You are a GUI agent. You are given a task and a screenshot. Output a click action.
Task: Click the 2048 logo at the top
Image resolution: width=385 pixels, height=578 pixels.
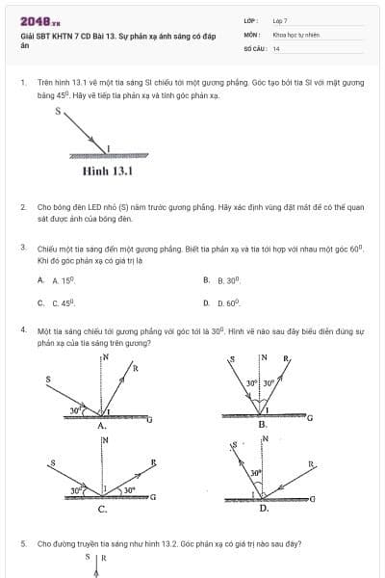pyautogui.click(x=39, y=20)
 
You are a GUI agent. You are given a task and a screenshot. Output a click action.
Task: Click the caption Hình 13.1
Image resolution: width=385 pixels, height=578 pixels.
pyautogui.click(x=107, y=173)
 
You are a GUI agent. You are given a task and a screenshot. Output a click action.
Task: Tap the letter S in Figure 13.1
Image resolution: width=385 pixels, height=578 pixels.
pyautogui.click(x=57, y=112)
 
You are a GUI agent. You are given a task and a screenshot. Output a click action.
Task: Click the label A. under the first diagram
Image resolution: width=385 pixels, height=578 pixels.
pyautogui.click(x=101, y=424)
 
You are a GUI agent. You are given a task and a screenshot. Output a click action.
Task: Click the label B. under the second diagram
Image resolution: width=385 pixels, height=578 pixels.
pyautogui.click(x=262, y=424)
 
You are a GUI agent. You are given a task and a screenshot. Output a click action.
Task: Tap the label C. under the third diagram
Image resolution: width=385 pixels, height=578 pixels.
pyautogui.click(x=101, y=509)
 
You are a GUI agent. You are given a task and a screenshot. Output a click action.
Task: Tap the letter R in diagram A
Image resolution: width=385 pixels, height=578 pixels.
pyautogui.click(x=135, y=368)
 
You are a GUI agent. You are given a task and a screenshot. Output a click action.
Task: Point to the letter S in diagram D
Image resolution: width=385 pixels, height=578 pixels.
pyautogui.click(x=231, y=446)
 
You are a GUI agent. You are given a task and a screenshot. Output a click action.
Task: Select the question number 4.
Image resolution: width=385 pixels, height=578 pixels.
pyautogui.click(x=22, y=330)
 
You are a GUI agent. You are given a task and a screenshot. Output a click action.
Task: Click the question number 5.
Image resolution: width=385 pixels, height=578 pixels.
pyautogui.click(x=22, y=543)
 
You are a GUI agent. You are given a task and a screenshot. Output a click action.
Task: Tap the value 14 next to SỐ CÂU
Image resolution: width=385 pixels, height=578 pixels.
pyautogui.click(x=276, y=47)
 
